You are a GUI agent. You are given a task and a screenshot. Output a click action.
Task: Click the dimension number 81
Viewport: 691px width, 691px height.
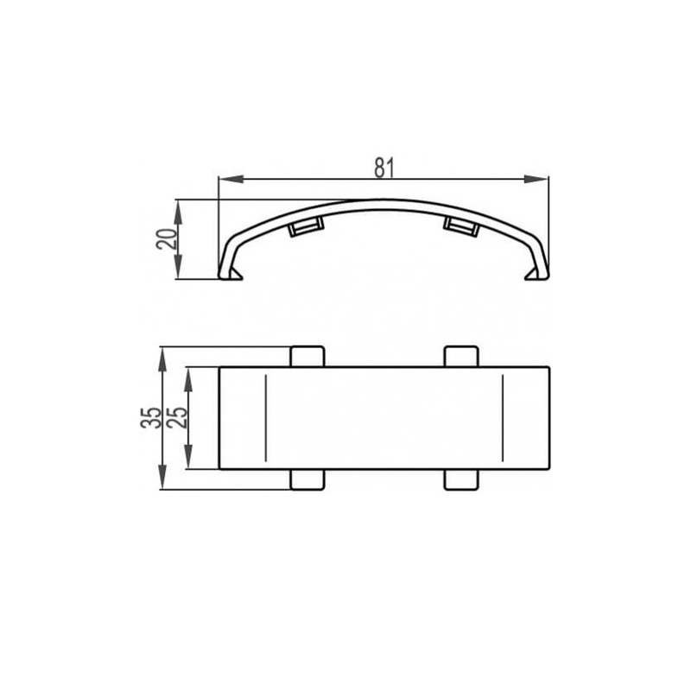384,168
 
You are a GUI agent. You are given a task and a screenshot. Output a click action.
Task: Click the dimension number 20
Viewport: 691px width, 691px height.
167,239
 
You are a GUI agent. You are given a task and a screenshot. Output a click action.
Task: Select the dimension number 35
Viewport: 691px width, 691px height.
151,418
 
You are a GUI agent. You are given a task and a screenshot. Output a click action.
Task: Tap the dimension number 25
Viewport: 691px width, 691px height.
177,418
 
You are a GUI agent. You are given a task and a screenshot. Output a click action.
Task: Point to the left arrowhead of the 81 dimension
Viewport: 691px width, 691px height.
231,179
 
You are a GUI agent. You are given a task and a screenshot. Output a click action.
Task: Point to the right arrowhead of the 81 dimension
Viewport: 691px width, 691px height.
536,179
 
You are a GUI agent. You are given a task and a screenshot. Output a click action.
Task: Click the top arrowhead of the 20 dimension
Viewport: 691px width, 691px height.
178,212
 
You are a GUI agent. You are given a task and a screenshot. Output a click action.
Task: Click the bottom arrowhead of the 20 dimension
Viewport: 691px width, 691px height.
178,267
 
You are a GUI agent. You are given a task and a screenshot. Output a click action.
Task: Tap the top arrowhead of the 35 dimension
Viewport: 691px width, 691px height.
162,359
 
